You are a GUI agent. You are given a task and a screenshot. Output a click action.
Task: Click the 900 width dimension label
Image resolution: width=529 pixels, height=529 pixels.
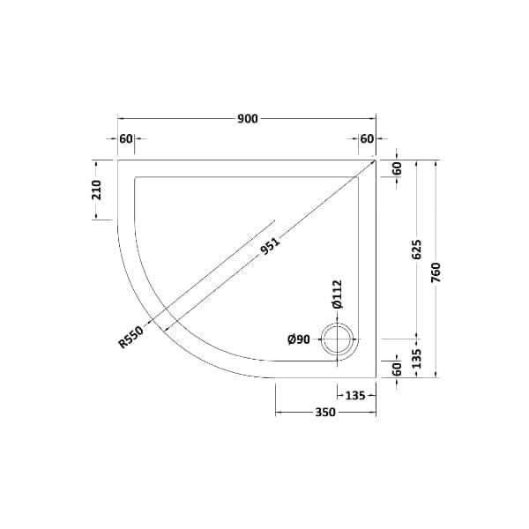247,119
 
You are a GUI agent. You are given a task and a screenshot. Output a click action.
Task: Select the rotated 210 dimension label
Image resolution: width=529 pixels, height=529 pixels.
98,190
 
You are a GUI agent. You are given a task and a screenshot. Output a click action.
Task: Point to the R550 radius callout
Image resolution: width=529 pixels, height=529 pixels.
130,336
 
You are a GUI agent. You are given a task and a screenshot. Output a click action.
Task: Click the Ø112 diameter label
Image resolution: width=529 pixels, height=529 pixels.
337,293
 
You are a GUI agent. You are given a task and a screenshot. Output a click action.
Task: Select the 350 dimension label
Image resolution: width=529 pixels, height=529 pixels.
324,413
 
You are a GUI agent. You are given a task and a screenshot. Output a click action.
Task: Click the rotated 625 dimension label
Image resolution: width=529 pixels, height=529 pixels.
417,250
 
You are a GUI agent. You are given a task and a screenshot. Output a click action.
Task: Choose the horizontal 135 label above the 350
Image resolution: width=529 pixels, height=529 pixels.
355,395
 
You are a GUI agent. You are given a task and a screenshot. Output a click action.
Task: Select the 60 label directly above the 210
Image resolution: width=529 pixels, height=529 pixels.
125,138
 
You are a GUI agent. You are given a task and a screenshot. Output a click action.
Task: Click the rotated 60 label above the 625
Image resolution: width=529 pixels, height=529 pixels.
397,168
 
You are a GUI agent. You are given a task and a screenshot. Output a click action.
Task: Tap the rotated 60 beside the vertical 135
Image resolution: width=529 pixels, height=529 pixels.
397,367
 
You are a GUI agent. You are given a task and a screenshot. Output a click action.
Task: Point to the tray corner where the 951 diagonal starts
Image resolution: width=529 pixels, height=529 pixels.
376,160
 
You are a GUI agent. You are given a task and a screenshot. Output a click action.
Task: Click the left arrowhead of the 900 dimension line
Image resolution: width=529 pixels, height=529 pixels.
121,119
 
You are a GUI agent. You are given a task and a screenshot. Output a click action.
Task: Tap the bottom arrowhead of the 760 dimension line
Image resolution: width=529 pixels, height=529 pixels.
436,375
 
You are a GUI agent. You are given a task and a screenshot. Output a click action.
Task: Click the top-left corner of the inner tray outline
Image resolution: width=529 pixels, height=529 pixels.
135,177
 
